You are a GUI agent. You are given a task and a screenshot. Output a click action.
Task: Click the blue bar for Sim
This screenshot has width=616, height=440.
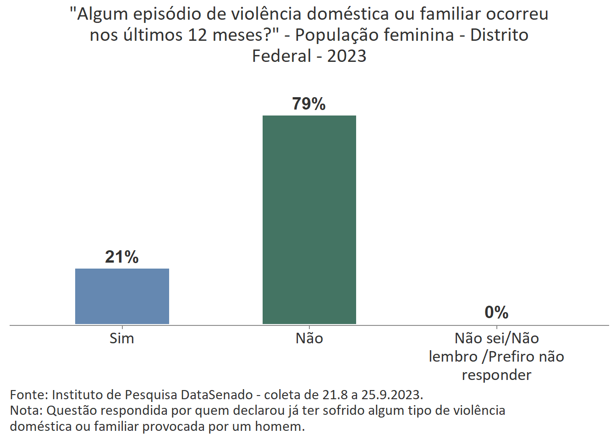[x=122, y=296]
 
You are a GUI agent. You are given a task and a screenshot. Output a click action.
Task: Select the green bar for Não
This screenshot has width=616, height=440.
[x=309, y=220]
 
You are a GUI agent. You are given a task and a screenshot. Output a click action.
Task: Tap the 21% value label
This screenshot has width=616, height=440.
[x=122, y=257]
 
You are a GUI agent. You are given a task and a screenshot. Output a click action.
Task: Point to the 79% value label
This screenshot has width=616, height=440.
[x=309, y=104]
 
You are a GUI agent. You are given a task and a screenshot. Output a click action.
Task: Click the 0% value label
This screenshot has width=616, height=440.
[x=496, y=313]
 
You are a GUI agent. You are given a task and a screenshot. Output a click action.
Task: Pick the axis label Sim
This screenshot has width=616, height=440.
[x=122, y=338]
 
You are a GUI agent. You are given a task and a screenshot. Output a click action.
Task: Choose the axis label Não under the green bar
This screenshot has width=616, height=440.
[x=309, y=338]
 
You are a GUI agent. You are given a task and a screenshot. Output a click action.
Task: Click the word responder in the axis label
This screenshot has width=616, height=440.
[x=496, y=375]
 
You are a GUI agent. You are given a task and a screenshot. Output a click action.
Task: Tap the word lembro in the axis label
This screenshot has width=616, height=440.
[x=453, y=357]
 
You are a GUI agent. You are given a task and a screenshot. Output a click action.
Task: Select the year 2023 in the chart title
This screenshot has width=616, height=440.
[x=346, y=56]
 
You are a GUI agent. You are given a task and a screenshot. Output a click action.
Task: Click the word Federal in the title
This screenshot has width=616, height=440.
[x=282, y=56]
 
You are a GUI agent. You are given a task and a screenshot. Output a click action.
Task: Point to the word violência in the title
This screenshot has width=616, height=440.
[x=266, y=14]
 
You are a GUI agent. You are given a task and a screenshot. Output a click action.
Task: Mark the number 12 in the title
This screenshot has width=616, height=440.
[x=198, y=35]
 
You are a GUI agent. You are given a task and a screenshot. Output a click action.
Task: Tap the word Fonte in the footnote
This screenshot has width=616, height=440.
[x=28, y=395]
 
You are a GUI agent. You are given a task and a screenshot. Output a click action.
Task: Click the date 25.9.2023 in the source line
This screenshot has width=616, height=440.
[x=392, y=395]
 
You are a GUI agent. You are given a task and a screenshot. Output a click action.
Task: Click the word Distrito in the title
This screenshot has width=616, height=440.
[x=499, y=35]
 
